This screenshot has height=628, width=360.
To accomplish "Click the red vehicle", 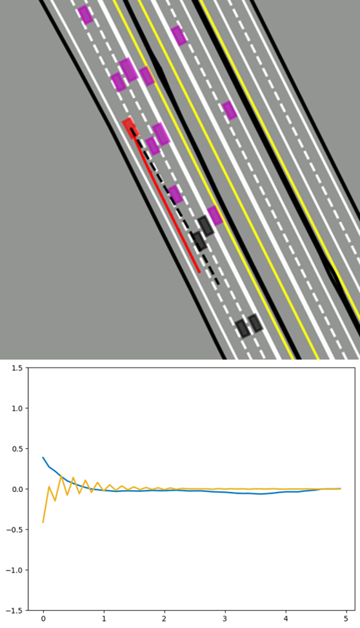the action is (131, 128).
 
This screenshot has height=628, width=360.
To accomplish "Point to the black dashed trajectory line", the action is (175, 207).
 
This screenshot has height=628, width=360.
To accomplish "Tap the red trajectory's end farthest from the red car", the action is (199, 272).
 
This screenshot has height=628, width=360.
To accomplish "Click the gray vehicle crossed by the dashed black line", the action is (199, 241).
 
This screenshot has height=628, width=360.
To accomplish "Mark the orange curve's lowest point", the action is (43, 522).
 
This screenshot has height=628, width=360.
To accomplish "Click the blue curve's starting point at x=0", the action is (43, 457).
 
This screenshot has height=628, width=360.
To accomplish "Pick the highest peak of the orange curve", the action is (61, 476).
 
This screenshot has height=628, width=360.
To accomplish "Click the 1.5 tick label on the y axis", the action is (17, 368).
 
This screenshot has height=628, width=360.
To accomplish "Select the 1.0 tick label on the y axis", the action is (17, 408).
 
